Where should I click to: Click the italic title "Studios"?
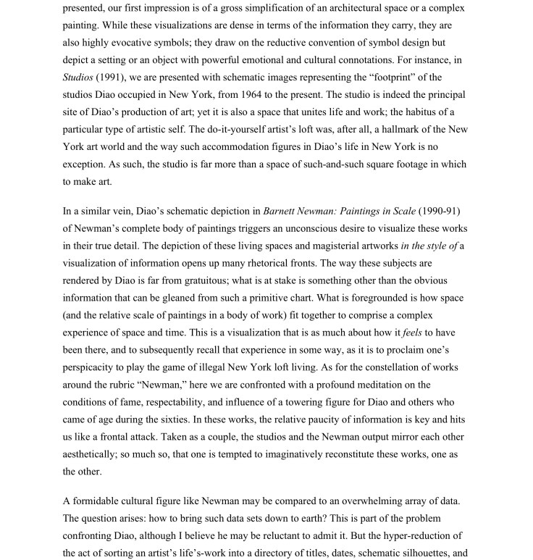(77, 78)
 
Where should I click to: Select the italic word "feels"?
(412, 333)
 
